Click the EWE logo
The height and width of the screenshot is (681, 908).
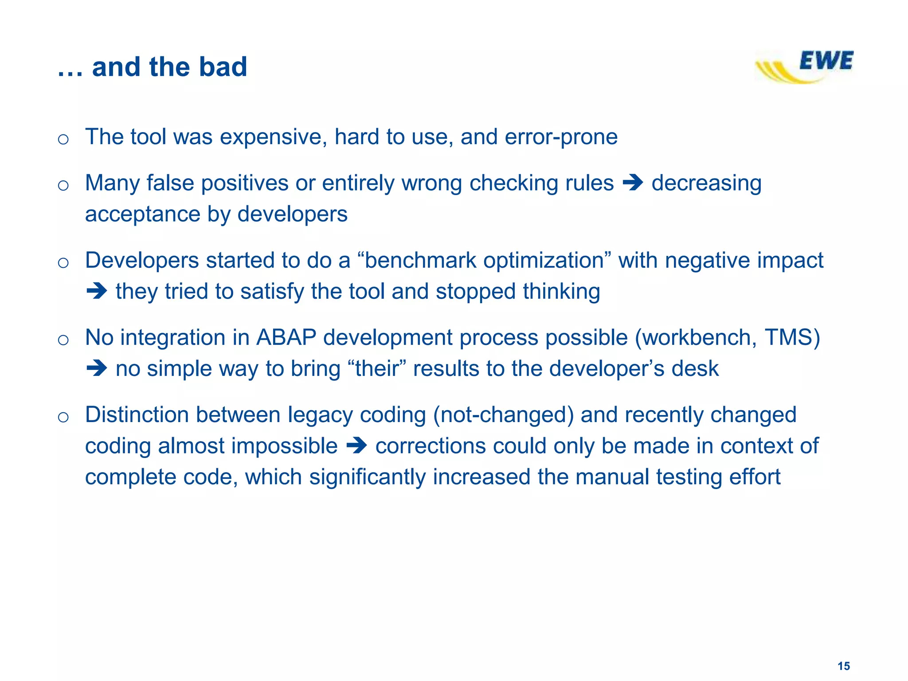pos(805,67)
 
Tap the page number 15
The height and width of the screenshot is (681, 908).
pos(844,666)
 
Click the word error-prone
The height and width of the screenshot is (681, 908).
pos(561,137)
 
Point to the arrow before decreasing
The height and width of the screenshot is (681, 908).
pos(633,183)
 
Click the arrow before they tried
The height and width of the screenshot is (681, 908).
pos(97,291)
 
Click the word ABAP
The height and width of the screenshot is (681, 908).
pos(286,337)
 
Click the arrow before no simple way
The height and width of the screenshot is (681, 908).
pos(97,368)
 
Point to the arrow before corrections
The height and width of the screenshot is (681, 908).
pos(356,446)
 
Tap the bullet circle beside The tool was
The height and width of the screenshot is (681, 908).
pos(63,139)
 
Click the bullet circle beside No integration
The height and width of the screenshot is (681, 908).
pos(63,340)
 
